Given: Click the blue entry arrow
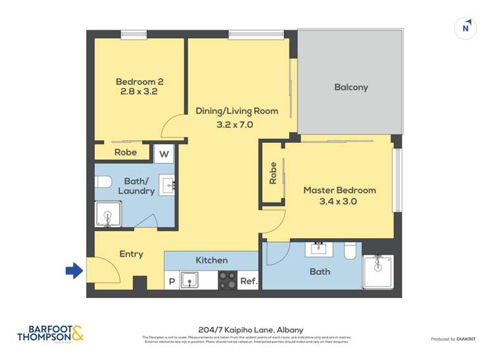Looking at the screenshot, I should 74,270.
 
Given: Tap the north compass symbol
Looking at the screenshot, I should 466,28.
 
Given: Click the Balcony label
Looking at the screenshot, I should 350,88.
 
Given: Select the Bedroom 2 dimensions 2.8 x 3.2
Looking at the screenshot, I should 138,92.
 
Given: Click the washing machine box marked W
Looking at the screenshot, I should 164,155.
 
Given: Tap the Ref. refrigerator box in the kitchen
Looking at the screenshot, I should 248,280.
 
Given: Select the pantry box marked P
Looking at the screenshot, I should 171,281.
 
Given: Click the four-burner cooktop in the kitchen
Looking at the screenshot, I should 228,280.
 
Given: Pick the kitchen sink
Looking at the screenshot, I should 190,281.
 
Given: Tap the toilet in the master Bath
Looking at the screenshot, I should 351,249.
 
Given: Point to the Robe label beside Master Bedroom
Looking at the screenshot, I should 273,173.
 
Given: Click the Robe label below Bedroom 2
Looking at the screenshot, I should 125,153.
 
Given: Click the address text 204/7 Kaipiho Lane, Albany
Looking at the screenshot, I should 247,330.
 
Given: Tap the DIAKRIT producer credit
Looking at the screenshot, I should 453,339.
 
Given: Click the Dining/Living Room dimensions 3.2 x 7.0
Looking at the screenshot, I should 235,124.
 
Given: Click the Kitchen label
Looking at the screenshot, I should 211,261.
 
